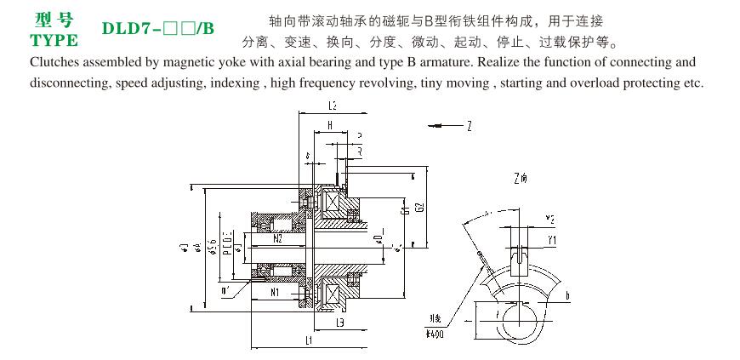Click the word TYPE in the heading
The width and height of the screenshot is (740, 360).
[54, 40]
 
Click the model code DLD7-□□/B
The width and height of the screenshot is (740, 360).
[158, 29]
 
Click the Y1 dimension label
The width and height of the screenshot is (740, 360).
[552, 241]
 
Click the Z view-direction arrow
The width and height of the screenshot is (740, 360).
[446, 125]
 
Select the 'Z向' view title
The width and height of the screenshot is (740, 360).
[521, 179]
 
